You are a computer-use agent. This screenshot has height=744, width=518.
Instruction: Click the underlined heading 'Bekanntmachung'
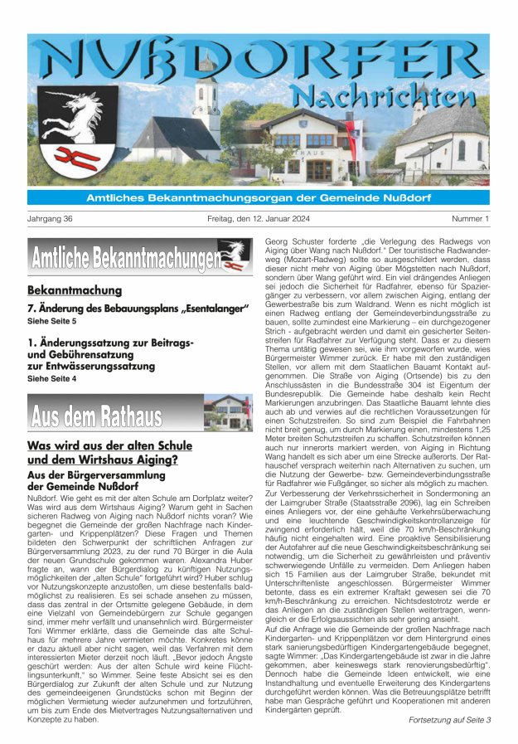click(x=75, y=290)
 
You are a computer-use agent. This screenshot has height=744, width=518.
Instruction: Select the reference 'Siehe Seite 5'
click(x=51, y=320)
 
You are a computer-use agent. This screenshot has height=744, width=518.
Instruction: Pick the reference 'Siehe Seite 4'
click(x=51, y=378)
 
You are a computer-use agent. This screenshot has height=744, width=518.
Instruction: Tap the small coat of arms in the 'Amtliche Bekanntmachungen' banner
click(x=234, y=254)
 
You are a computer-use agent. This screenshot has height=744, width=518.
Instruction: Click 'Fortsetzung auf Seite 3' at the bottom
click(x=449, y=720)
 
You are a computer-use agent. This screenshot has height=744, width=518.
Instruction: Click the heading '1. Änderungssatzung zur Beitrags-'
click(x=111, y=342)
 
